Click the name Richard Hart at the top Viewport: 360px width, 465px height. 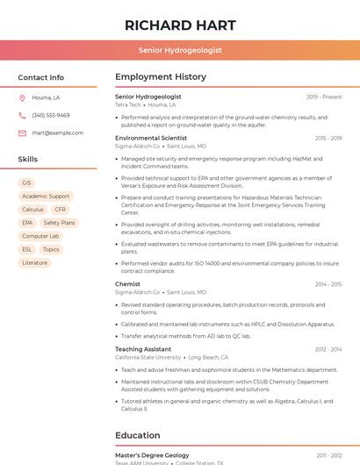click(x=179, y=24)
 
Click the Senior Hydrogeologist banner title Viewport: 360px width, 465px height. click(x=179, y=51)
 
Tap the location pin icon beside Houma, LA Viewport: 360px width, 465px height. click(x=22, y=97)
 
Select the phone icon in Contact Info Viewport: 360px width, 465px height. click(x=22, y=115)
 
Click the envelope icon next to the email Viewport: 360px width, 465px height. click(x=22, y=133)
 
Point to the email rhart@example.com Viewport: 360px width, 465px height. click(x=58, y=133)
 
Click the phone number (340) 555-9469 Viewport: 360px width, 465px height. click(x=51, y=115)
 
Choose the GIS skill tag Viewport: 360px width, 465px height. click(x=26, y=183)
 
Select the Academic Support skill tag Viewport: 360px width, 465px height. click(x=46, y=197)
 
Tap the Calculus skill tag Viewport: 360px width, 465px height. click(x=32, y=210)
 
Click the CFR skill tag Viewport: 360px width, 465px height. click(x=61, y=210)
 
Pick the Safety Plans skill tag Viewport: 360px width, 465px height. click(x=59, y=223)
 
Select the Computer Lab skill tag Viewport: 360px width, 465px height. click(x=40, y=236)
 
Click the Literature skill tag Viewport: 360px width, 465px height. click(x=35, y=262)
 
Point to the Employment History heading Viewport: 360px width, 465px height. click(x=161, y=77)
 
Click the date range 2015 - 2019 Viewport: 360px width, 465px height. click(x=328, y=139)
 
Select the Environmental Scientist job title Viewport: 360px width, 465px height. click(x=151, y=138)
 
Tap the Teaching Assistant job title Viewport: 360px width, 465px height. click(x=143, y=349)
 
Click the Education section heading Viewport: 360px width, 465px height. click(x=138, y=435)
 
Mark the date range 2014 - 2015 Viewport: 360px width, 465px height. click(x=328, y=284)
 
